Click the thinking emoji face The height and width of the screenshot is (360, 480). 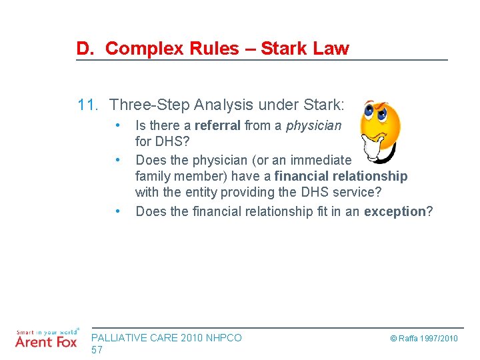pyautogui.click(x=379, y=129)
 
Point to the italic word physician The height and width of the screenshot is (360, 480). pyautogui.click(x=313, y=125)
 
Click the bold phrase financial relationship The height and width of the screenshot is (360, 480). pyautogui.click(x=341, y=176)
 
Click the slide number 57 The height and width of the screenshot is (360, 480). pyautogui.click(x=97, y=350)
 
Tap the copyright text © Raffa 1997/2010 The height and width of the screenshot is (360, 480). pyautogui.click(x=423, y=339)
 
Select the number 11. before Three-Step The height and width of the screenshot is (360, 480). pyautogui.click(x=88, y=105)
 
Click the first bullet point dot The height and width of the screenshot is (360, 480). pyautogui.click(x=117, y=125)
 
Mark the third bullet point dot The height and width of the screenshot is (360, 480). pyautogui.click(x=117, y=211)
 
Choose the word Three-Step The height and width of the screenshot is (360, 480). pyautogui.click(x=147, y=105)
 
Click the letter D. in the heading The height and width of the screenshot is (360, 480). pyautogui.click(x=85, y=49)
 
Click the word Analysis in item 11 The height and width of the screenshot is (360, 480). pyautogui.click(x=218, y=105)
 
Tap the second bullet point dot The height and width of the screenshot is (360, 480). pyautogui.click(x=117, y=159)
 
